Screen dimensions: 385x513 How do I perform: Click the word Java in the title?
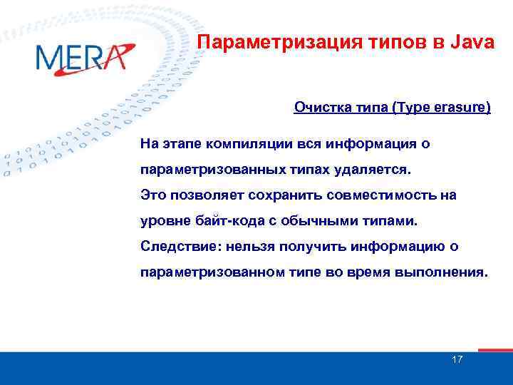point(472,43)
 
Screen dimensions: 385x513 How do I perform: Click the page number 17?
point(457,359)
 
